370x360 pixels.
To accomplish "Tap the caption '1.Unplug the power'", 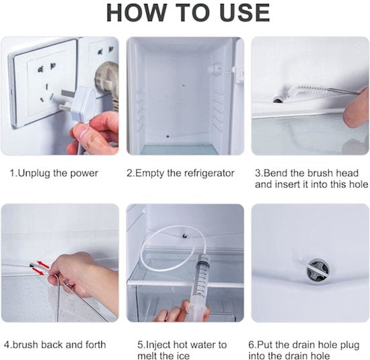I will [x=54, y=173].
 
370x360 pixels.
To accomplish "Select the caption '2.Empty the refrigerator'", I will [x=180, y=173].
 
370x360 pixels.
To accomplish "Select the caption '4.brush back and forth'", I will [x=55, y=345].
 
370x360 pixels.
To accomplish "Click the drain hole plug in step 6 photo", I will [x=317, y=269].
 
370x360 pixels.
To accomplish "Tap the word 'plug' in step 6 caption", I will [x=349, y=345].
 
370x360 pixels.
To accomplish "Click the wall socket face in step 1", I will [x=44, y=80].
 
